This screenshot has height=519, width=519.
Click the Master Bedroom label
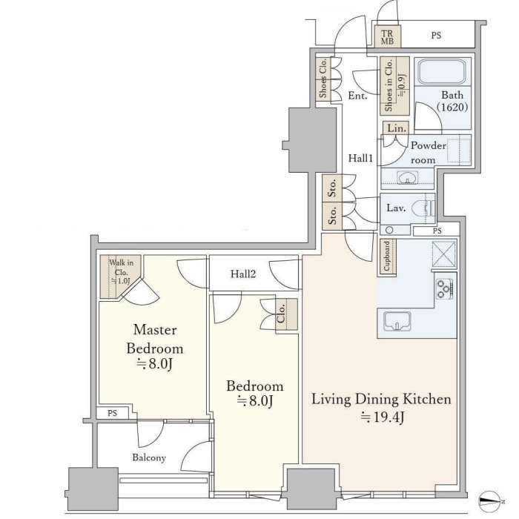pos(154,339)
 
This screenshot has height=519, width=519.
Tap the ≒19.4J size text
pos(383,417)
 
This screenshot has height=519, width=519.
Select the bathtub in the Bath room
pos(442,72)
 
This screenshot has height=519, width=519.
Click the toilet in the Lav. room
pos(423,208)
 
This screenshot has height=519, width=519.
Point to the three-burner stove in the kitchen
pos(444,289)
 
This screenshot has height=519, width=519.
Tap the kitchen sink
pos(397,321)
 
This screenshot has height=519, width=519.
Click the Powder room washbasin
pos(408,177)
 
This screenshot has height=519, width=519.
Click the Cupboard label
pos(386,257)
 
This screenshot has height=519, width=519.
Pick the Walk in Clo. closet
pos(120,277)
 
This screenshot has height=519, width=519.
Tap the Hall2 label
pos(243,274)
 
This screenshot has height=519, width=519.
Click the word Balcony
pos(149,457)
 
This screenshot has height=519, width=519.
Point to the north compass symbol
pos(491,501)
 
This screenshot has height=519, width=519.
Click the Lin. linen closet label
pos(397,128)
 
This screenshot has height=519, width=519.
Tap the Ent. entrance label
pos(357,96)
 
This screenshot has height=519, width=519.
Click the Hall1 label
pos(360,158)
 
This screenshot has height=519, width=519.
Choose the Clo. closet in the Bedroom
pos(287,314)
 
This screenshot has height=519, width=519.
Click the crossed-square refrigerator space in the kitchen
pos(444,254)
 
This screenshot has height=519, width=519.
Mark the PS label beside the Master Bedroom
pos(112,413)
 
